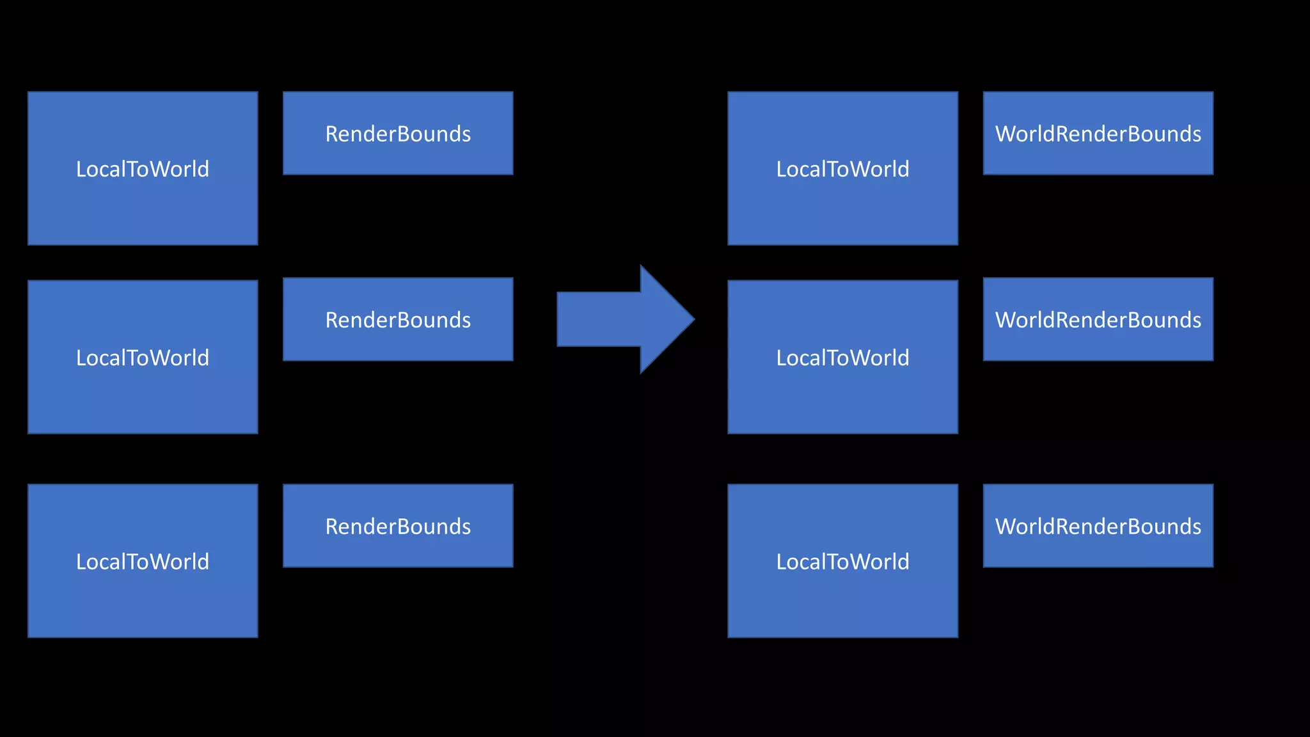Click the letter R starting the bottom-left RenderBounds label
(x=332, y=527)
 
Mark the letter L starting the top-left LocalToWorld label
(x=81, y=169)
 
